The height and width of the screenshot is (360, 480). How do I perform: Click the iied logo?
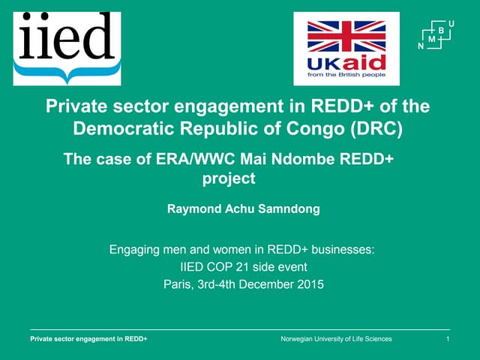click(x=67, y=46)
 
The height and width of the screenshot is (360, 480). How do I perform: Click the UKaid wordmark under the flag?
click(x=346, y=62)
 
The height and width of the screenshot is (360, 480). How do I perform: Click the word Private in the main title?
click(x=75, y=106)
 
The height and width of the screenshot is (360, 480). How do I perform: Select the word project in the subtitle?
click(x=229, y=178)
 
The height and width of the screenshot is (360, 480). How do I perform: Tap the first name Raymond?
click(x=193, y=209)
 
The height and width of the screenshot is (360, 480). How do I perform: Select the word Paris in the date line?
click(x=177, y=283)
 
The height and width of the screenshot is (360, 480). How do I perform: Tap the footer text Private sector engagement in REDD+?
click(x=88, y=340)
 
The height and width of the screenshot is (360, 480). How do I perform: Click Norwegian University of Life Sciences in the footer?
click(x=335, y=340)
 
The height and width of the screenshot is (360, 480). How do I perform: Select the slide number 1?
click(x=447, y=340)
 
